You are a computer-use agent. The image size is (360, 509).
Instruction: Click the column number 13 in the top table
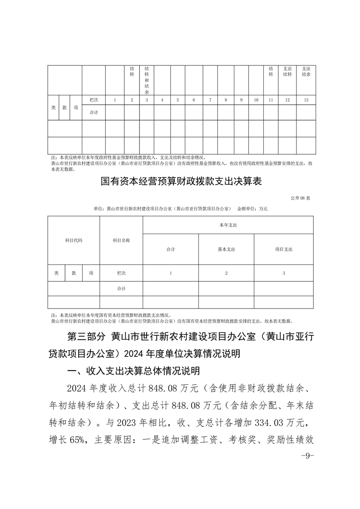pos(306,100)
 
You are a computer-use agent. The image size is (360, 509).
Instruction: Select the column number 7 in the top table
pos(210,100)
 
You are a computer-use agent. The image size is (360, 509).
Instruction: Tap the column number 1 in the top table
pos(115,100)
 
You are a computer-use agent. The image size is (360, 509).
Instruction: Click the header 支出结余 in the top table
pos(306,71)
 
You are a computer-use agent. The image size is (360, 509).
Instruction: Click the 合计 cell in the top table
pos(94,112)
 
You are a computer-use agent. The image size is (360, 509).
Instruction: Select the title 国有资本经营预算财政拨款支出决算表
pos(181,182)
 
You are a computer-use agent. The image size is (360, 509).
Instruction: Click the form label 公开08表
pos(300,199)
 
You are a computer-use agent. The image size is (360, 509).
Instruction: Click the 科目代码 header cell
pos(74,240)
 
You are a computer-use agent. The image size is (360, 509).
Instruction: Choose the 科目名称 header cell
pos(121,240)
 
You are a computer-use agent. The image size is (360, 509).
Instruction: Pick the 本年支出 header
pos(228,225)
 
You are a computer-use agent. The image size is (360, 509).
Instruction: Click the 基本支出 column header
pos(226,250)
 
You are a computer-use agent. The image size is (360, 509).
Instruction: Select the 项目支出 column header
pos(283,250)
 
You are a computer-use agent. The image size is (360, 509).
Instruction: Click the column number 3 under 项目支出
pos(283,273)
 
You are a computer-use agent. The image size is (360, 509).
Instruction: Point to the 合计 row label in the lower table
pos(121,289)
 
